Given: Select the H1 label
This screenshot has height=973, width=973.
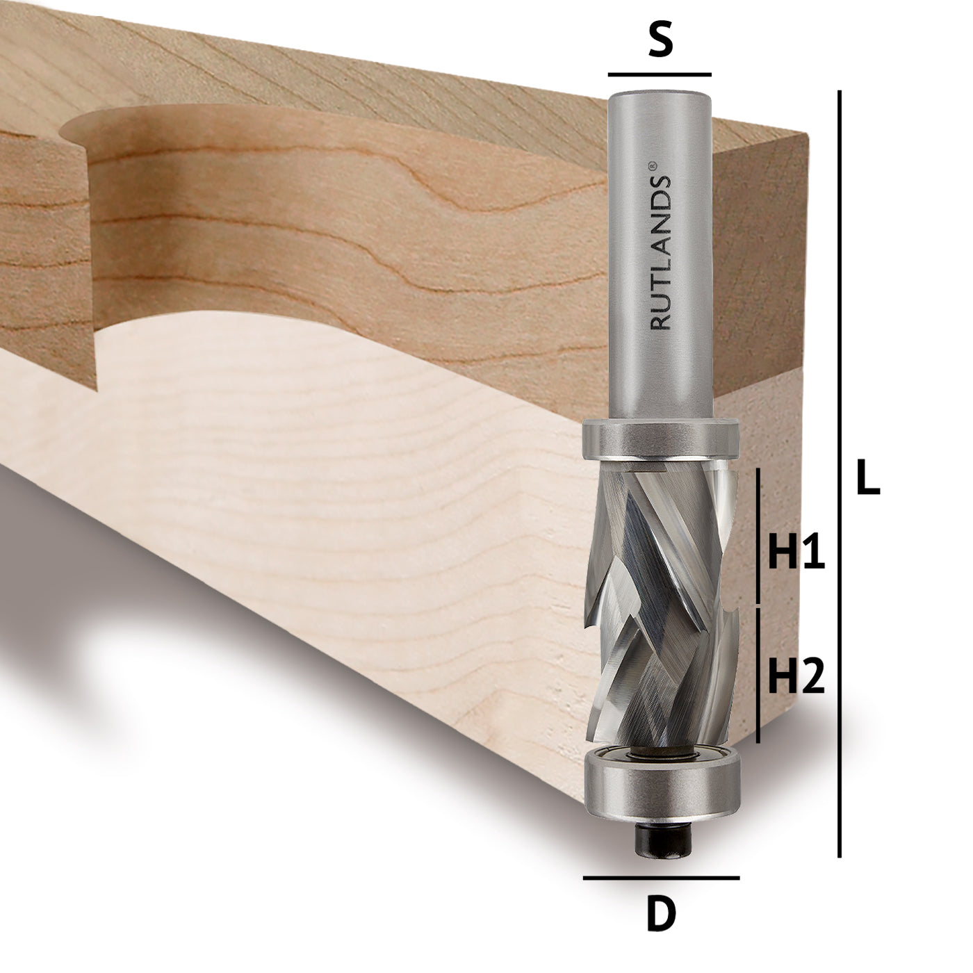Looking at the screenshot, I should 796,553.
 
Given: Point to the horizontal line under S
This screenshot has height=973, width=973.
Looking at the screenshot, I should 660,74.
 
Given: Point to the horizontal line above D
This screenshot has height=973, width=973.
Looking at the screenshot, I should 661,878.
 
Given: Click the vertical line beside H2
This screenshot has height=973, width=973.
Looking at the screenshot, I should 758,674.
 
